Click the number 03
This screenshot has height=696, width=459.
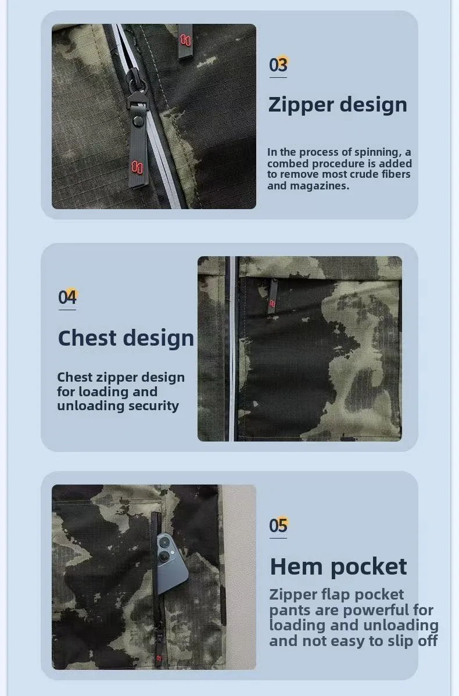[278, 65]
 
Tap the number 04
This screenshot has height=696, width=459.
[67, 297]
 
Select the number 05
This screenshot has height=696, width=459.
[278, 526]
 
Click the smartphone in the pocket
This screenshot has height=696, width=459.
[171, 562]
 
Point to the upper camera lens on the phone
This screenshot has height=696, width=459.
[164, 542]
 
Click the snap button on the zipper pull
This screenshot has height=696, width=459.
[138, 120]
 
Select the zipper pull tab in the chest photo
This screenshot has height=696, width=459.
[272, 296]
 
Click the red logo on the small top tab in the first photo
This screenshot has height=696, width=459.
[185, 41]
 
